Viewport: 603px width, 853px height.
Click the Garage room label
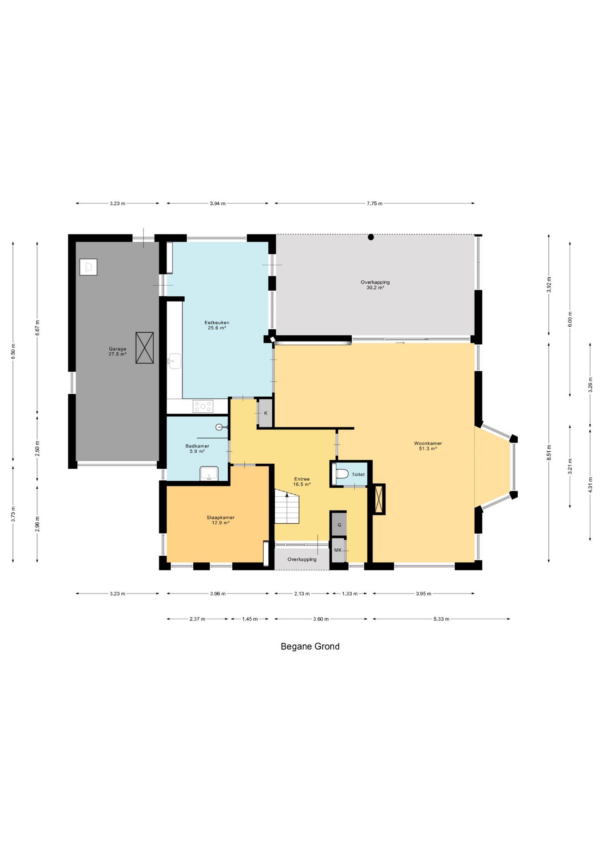(118, 349)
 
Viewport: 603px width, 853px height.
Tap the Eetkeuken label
(217, 323)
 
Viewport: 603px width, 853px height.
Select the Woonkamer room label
(428, 443)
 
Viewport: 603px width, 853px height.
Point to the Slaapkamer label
(221, 517)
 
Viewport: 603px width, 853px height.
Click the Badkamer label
(197, 446)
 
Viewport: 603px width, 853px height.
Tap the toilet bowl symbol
(342, 474)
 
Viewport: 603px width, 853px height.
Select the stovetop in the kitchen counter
(203, 406)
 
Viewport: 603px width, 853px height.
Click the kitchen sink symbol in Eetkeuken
(175, 361)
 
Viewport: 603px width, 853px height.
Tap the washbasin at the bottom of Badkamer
(209, 474)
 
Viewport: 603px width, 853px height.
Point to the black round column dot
(371, 237)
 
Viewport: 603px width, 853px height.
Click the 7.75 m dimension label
(374, 203)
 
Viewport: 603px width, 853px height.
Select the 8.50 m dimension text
(13, 351)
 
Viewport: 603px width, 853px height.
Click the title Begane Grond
(310, 646)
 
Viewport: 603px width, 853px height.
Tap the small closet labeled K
(266, 413)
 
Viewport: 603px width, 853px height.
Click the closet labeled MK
(338, 550)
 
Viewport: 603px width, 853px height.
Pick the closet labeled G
(339, 525)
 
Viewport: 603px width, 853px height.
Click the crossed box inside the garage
(145, 347)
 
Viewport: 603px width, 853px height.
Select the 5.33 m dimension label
(441, 619)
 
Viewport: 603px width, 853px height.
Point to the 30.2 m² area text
(375, 287)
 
